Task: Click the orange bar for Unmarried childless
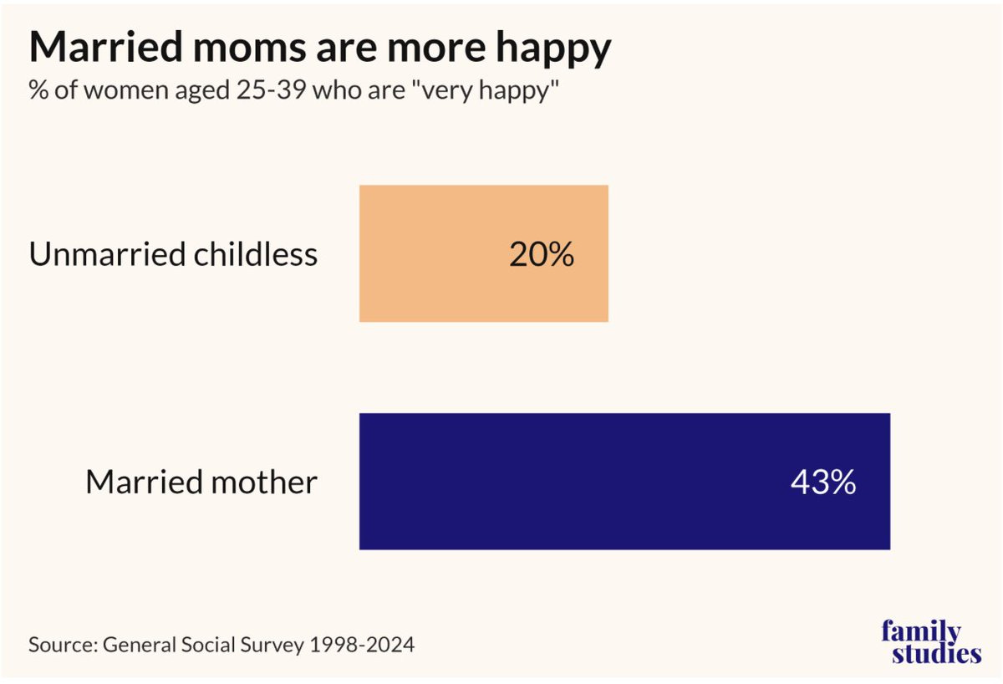484,253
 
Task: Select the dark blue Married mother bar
624,482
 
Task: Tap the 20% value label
542,254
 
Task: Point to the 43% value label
823,482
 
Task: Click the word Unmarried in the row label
107,254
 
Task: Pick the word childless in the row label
256,253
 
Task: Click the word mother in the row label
264,482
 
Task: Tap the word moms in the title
250,47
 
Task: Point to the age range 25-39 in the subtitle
272,90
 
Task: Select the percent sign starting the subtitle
38,90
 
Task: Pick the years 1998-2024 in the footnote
362,645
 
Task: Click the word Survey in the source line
272,646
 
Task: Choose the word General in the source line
140,645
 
